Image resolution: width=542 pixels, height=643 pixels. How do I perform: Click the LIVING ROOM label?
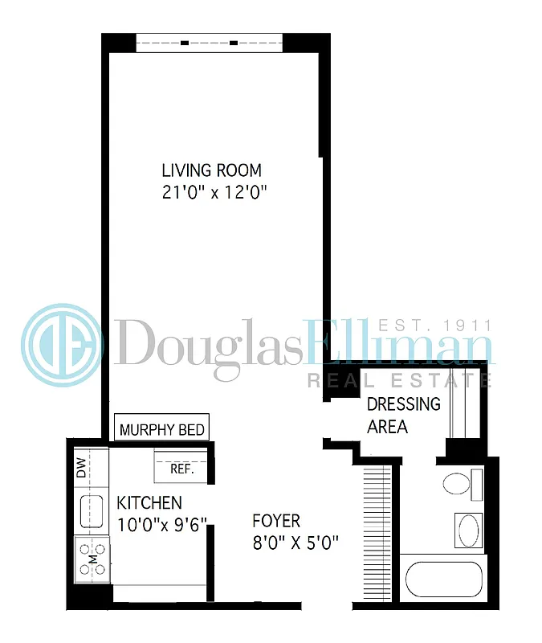click(211, 170)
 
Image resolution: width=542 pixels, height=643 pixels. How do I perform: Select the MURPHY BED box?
click(161, 429)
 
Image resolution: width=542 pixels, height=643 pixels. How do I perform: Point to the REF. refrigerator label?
click(182, 469)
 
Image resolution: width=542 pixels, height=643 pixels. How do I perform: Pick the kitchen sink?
click(91, 511)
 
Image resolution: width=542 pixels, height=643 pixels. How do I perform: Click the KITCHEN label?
click(149, 503)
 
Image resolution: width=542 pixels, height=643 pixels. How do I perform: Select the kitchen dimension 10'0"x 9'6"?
click(162, 525)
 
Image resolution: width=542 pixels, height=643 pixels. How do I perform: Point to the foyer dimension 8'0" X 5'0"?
click(295, 543)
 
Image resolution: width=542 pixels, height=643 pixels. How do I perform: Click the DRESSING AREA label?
click(403, 415)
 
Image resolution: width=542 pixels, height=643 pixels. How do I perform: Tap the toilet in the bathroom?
click(456, 485)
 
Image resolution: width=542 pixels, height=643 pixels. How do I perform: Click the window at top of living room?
click(209, 42)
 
